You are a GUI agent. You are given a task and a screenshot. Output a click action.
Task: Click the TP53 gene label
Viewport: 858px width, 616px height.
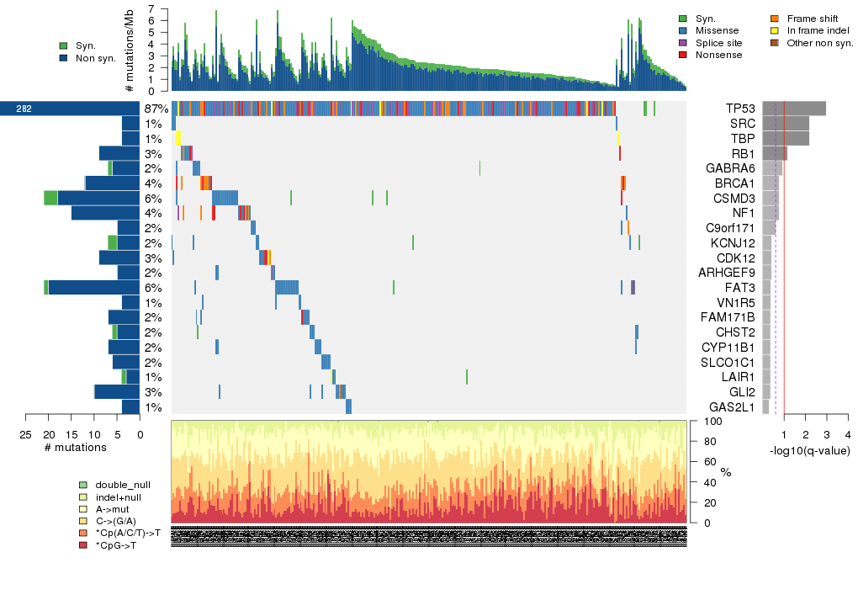pyautogui.click(x=740, y=109)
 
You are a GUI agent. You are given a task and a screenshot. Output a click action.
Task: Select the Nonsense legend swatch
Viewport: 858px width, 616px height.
pyautogui.click(x=683, y=55)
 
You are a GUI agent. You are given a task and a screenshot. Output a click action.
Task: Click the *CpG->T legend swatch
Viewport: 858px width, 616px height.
pyautogui.click(x=82, y=546)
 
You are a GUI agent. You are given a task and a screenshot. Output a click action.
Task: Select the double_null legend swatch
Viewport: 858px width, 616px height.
pyautogui.click(x=82, y=486)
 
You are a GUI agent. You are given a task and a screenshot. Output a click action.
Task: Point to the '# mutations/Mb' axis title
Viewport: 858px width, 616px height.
pyautogui.click(x=129, y=50)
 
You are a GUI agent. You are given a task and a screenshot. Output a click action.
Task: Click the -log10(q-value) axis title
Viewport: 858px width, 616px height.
pyautogui.click(x=809, y=451)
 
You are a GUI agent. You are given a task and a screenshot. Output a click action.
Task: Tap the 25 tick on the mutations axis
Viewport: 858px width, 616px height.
pyautogui.click(x=25, y=434)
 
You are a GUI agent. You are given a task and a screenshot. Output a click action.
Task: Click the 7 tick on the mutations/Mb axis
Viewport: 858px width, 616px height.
pyautogui.click(x=151, y=9)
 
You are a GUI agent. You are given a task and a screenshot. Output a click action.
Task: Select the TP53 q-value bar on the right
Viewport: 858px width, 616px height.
pyautogui.click(x=794, y=109)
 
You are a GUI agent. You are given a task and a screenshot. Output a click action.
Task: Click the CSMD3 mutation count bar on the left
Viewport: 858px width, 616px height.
pyautogui.click(x=92, y=199)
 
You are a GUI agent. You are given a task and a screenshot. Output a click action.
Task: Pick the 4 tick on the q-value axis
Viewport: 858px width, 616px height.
pyautogui.click(x=847, y=434)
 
